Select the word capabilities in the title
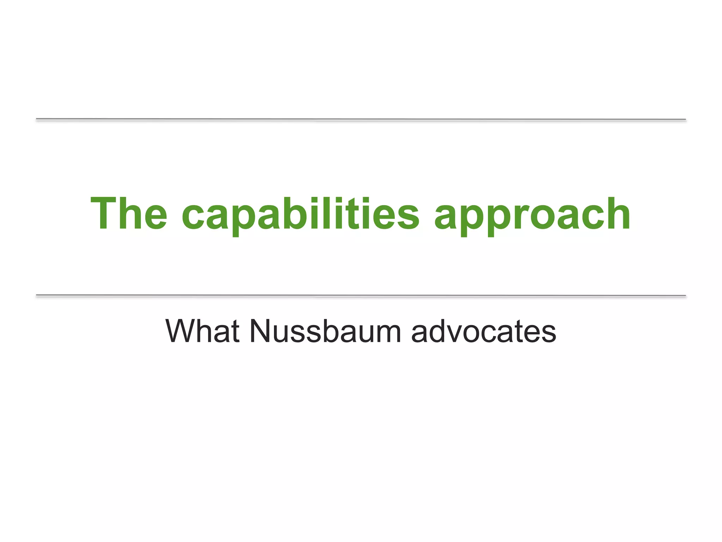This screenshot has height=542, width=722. click(x=300, y=214)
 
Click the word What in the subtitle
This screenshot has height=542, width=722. click(x=202, y=331)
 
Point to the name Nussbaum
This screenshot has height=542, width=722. click(x=325, y=331)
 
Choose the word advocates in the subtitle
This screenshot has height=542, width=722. click(x=484, y=331)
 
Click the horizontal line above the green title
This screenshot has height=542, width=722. click(x=361, y=120)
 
